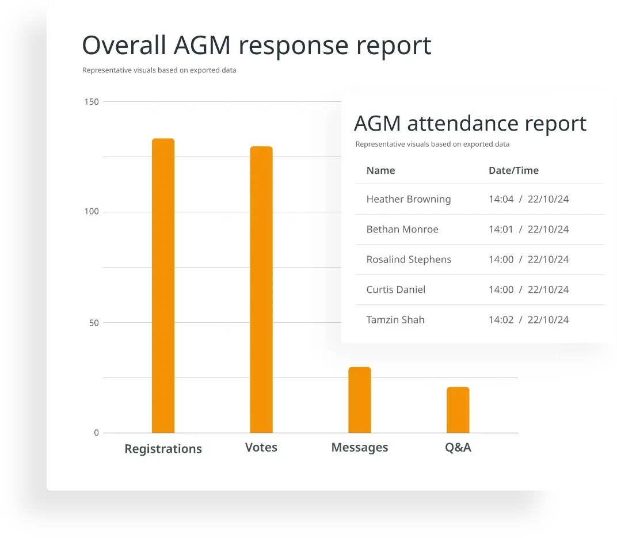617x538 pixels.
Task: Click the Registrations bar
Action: pos(163,285)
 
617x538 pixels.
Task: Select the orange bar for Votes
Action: pos(261,289)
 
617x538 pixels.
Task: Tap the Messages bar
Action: pos(360,400)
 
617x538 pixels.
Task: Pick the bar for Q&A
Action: pos(458,410)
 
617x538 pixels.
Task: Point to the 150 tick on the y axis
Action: pos(92,102)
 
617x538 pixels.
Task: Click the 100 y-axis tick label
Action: pos(92,212)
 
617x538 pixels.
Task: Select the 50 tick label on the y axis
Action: pos(93,323)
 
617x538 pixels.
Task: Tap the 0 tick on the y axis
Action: pos(96,433)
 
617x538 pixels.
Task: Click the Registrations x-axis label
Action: pos(163,449)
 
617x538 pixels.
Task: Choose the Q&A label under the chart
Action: pos(458,447)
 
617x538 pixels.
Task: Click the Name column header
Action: pos(380,170)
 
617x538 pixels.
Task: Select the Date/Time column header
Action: pos(513,170)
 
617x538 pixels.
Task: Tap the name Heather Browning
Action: pos(409,199)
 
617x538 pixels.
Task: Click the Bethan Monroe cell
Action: pos(402,229)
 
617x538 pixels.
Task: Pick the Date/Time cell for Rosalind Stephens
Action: pos(528,260)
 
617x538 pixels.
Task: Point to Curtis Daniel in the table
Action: pos(396,289)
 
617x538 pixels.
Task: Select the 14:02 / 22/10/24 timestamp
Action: pos(528,320)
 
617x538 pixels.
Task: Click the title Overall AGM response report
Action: pos(257,45)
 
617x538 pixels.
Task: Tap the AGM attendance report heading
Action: pos(470,123)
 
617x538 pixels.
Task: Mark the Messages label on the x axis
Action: pos(360,447)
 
